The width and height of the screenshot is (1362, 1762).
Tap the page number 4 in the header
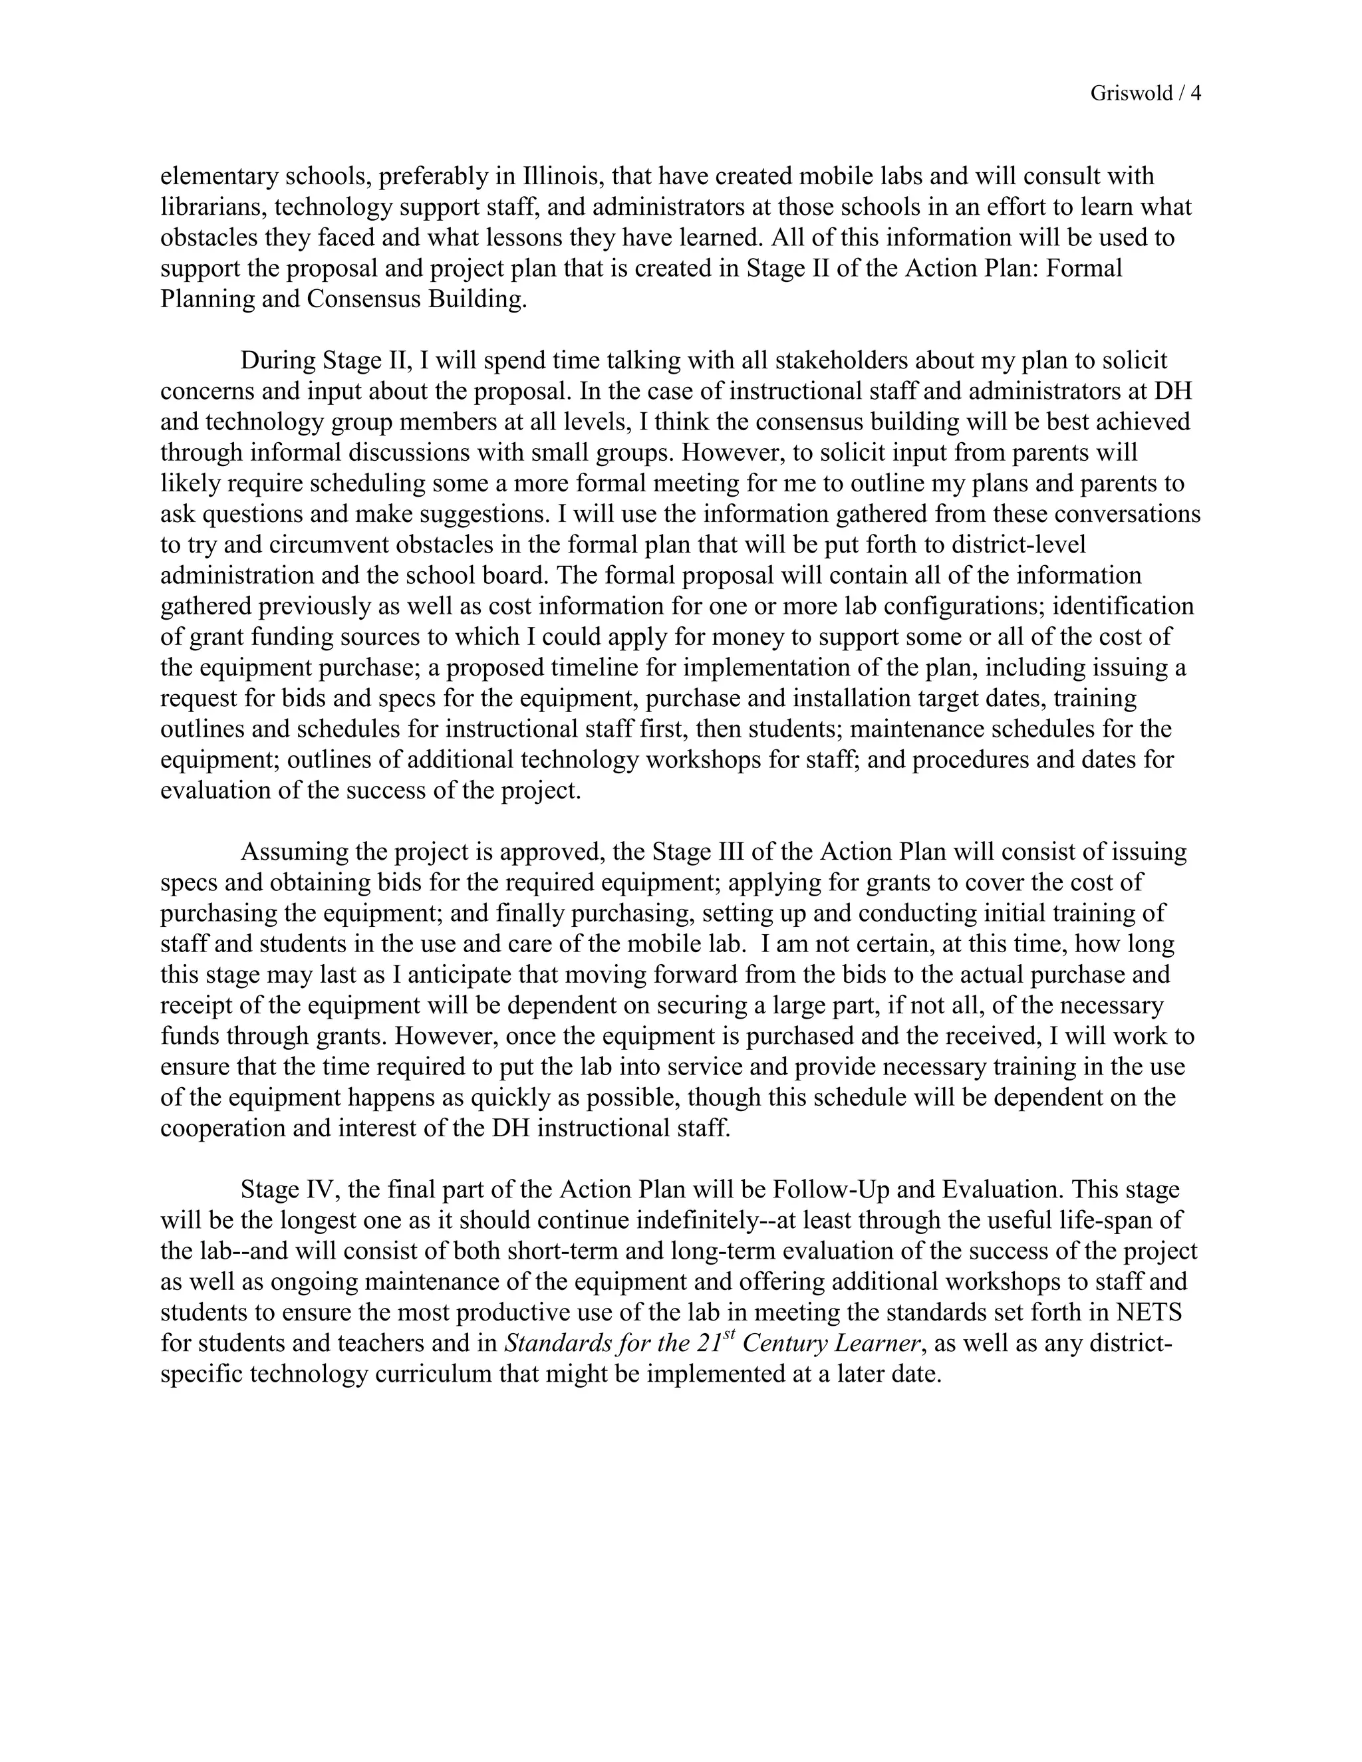point(1196,94)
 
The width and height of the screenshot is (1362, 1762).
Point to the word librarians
point(213,207)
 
